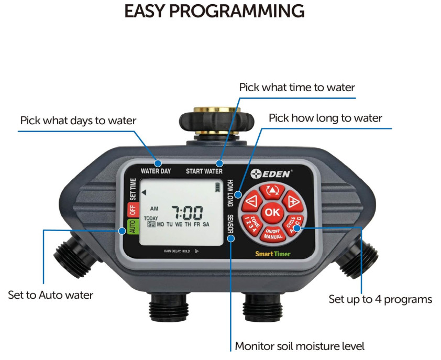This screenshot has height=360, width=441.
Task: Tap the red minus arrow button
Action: [251, 201]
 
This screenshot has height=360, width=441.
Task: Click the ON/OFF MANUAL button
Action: [273, 234]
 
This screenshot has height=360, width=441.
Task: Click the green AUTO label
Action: [132, 226]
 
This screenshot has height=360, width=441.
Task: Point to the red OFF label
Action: [133, 210]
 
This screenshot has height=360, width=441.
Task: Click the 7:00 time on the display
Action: [188, 213]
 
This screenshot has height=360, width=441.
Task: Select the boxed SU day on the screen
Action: [151, 224]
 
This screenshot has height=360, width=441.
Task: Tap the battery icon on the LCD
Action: [217, 187]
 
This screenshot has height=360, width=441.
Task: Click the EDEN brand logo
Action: [271, 173]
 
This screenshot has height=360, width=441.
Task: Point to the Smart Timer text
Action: [272, 254]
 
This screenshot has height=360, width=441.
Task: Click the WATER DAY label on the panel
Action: [156, 171]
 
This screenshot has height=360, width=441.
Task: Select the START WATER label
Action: [204, 171]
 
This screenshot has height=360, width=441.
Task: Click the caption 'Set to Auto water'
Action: [51, 295]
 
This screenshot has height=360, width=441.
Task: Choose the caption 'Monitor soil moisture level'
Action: [300, 346]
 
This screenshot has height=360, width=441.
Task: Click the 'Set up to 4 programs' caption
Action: [380, 300]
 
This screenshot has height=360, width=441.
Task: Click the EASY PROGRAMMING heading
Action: [214, 11]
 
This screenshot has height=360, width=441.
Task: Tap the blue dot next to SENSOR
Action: [231, 238]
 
